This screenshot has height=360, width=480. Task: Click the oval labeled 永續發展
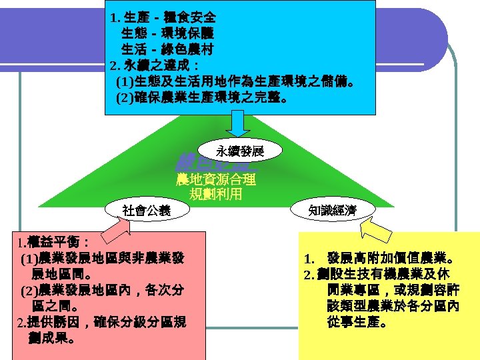pos(240,151)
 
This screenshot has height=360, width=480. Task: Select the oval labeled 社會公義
pos(146,211)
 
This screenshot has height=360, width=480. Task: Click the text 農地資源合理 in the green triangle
pos(215,180)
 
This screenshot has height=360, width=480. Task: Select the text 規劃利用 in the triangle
pos(215,195)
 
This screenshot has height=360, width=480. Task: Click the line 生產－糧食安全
pos(163,16)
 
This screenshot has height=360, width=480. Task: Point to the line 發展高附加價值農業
pos(380,259)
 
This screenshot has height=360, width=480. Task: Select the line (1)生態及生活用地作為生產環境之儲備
pos(235,83)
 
